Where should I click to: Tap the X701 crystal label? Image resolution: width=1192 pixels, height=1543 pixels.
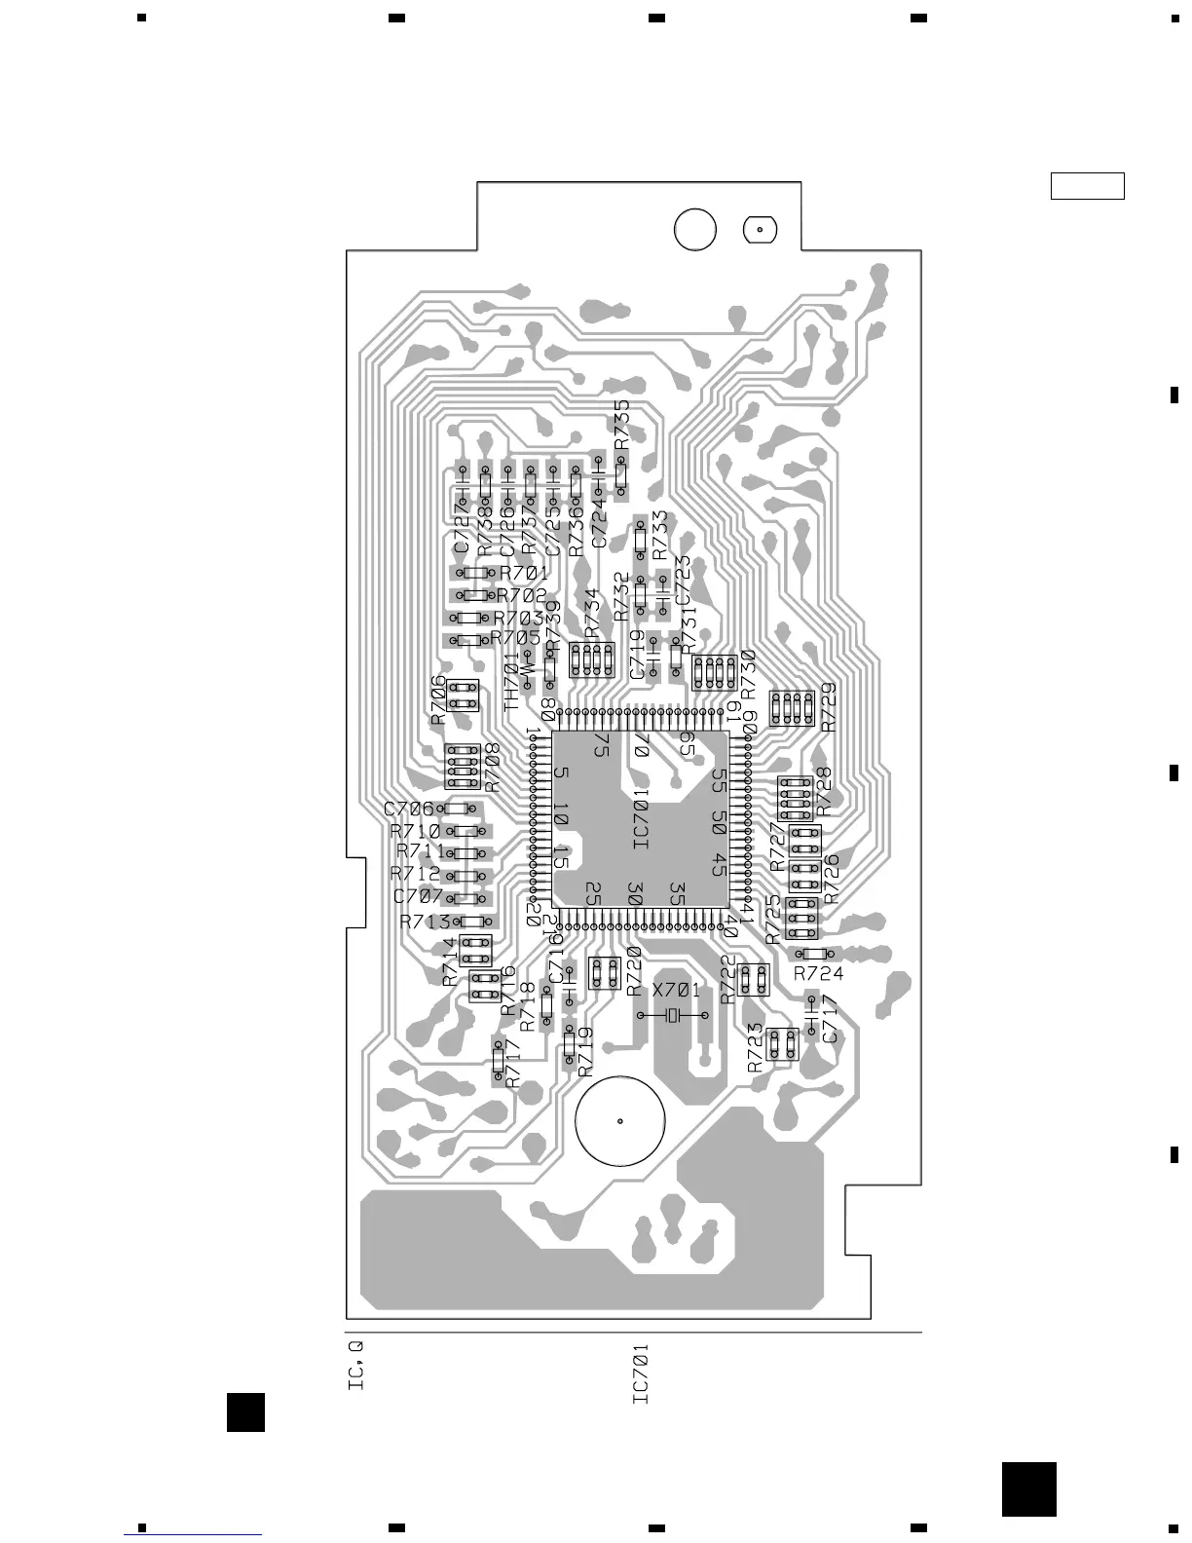point(676,991)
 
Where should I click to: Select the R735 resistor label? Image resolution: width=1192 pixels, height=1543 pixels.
point(622,425)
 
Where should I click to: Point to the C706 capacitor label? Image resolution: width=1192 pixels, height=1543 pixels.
point(408,809)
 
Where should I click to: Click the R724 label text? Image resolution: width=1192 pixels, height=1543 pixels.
point(818,973)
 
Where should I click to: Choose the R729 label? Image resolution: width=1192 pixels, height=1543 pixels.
point(829,707)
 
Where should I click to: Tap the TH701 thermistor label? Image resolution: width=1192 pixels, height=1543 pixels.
point(512,681)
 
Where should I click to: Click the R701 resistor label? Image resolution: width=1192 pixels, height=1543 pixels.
point(524,573)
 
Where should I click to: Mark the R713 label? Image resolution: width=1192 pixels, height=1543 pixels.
point(425,922)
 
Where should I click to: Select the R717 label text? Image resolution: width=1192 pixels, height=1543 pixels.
point(513,1065)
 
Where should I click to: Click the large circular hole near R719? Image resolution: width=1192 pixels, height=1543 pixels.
point(620,1120)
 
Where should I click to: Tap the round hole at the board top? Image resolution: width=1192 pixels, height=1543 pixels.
point(694,230)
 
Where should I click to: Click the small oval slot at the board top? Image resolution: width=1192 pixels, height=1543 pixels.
point(760,230)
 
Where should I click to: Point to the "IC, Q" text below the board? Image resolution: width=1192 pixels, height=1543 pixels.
point(356,1366)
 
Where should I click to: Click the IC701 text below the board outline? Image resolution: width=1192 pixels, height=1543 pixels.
point(641,1374)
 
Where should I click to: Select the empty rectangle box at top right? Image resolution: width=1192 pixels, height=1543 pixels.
point(1087,185)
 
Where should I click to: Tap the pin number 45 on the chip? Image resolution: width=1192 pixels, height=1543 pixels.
point(719,863)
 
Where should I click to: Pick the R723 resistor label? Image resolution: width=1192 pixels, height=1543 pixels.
point(756,1050)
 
